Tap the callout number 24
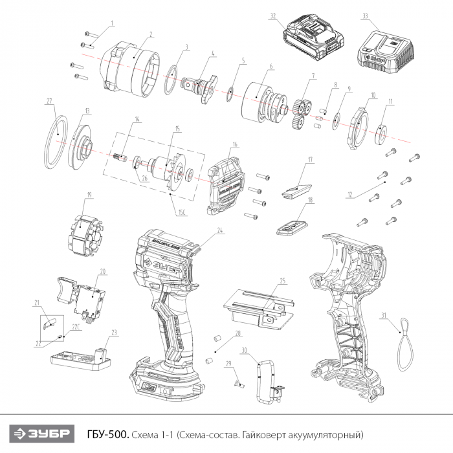(220, 230)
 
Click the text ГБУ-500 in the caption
(107, 432)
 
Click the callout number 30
(244, 350)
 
